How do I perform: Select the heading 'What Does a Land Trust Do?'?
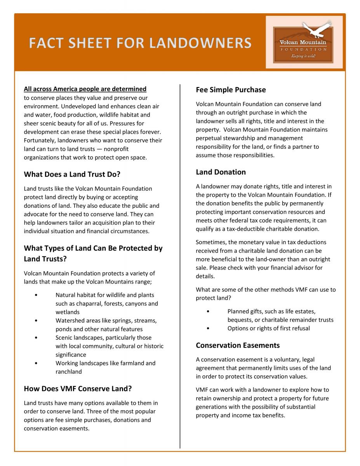(x=72, y=174)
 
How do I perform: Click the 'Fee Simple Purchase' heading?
(x=231, y=90)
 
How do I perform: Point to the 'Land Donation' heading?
(x=221, y=172)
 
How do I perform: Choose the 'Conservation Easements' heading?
(x=238, y=345)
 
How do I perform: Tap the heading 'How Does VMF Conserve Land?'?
(x=78, y=389)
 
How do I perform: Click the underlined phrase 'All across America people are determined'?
(x=85, y=89)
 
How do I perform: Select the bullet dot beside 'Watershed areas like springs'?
(x=36, y=321)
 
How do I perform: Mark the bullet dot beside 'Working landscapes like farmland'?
(x=36, y=363)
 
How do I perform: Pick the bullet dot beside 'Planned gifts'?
(x=208, y=311)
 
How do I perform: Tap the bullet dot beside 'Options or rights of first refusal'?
(x=208, y=329)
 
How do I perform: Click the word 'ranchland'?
(x=69, y=372)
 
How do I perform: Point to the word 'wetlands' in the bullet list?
(x=68, y=312)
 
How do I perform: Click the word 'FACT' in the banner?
(x=46, y=43)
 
